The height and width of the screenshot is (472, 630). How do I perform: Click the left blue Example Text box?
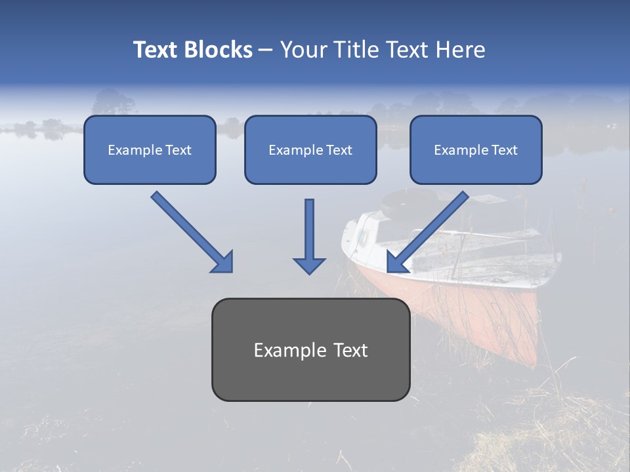tap(150, 149)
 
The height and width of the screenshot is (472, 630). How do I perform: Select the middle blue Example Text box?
tap(310, 149)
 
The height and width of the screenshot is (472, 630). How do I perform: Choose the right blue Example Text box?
tap(476, 149)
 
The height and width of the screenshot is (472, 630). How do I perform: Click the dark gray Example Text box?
tap(310, 349)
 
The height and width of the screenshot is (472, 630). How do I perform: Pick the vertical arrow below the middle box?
tap(309, 229)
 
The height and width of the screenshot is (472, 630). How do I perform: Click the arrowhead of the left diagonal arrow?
tap(223, 262)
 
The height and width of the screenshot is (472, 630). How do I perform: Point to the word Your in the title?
tap(303, 50)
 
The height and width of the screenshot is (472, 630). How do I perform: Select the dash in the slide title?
tap(266, 50)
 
